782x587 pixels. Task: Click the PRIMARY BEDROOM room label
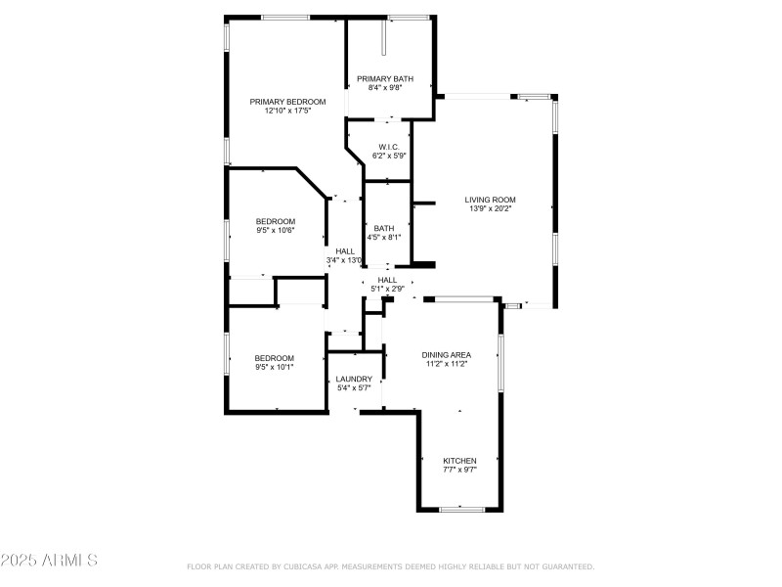coord(287,102)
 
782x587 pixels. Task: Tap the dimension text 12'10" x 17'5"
coord(287,112)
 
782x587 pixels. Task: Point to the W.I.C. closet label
coord(389,147)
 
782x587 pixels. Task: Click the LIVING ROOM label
coord(490,200)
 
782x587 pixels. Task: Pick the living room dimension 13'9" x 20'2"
coord(490,209)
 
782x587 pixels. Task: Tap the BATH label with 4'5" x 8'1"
coord(384,228)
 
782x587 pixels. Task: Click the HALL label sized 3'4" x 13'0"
coord(345,251)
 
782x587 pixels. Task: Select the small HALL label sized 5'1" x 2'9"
coord(388,280)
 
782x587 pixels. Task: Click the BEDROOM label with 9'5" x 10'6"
coord(275,221)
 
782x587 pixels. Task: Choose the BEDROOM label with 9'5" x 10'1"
coord(275,358)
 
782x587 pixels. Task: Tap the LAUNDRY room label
coord(354,379)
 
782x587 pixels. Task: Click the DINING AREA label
coord(446,354)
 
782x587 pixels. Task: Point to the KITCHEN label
coord(459,461)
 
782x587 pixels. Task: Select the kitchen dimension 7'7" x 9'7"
coord(459,471)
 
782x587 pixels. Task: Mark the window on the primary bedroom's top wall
coord(285,18)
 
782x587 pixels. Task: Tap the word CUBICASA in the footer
coord(307,566)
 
